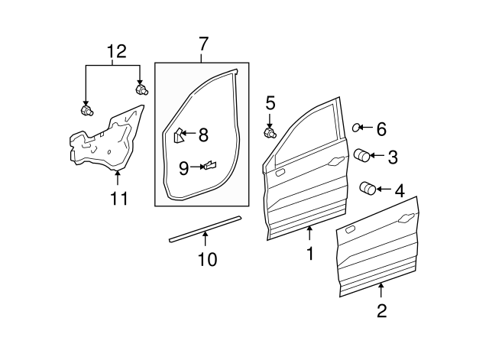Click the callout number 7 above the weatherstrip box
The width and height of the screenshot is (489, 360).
[202, 44]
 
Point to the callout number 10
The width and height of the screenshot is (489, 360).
[206, 260]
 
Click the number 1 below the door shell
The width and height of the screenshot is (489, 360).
[310, 253]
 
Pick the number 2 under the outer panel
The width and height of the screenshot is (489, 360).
[381, 310]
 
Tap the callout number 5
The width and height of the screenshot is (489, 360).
[270, 102]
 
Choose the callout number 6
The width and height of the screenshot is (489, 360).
[381, 129]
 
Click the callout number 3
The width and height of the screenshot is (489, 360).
[392, 157]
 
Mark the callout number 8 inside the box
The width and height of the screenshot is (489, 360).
[203, 135]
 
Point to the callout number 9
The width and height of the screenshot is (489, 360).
[183, 167]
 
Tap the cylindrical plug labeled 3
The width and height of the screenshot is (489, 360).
[361, 156]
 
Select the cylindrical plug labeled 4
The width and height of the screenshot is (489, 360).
[368, 188]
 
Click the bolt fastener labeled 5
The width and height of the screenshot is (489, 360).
[270, 133]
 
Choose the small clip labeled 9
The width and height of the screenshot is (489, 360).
[209, 164]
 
